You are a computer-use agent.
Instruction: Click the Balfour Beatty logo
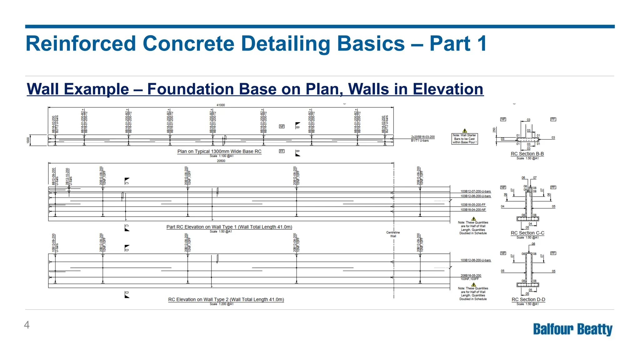(x=572, y=329)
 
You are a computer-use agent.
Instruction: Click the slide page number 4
(x=27, y=325)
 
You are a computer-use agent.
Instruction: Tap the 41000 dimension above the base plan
(x=221, y=105)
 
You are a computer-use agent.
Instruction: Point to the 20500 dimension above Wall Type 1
(x=221, y=161)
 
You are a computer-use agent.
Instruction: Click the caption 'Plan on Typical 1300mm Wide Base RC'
(x=219, y=152)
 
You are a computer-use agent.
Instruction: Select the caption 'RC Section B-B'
(x=527, y=154)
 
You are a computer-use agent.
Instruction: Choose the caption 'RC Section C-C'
(x=527, y=233)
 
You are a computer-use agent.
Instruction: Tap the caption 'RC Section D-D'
(x=528, y=299)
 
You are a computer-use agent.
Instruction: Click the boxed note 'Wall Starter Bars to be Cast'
(x=465, y=139)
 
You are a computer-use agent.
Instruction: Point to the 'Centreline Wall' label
(x=393, y=234)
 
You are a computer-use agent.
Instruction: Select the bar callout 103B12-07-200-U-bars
(x=475, y=191)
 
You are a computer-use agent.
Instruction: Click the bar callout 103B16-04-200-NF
(x=473, y=210)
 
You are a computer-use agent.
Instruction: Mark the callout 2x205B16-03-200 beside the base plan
(x=422, y=137)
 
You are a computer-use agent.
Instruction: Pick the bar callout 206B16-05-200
(x=471, y=276)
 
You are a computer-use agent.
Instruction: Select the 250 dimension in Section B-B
(x=494, y=130)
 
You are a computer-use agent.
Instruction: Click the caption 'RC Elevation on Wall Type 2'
(x=226, y=299)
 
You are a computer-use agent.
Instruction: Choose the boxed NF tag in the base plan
(x=282, y=127)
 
